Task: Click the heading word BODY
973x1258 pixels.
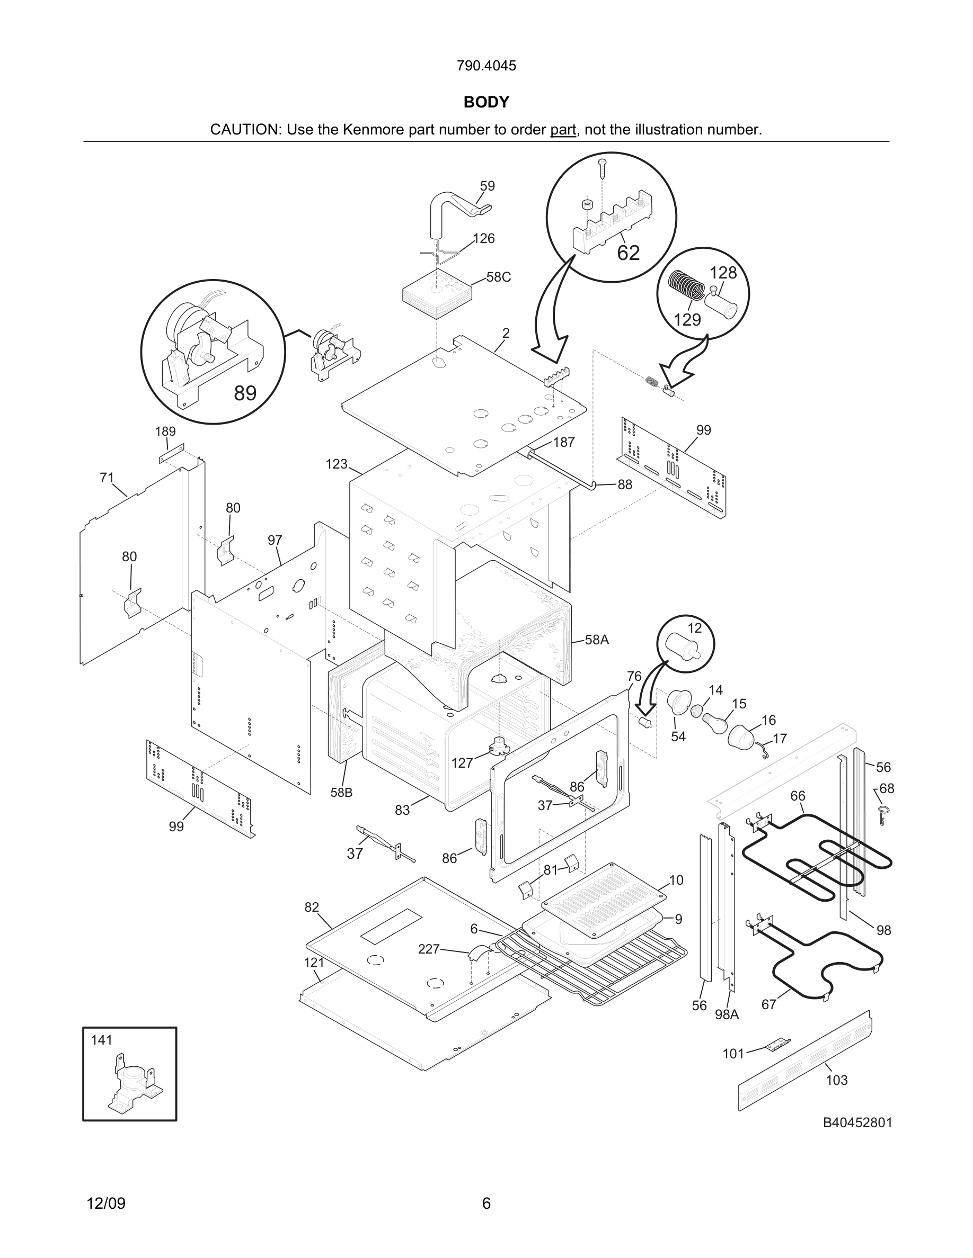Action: pos(486,102)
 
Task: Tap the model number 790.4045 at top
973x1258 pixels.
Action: pos(486,66)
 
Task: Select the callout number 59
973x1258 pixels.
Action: pos(487,186)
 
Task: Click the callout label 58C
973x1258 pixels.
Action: pos(498,277)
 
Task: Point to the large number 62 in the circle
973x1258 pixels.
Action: pos(629,253)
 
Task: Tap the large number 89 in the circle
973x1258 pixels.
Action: pos(245,393)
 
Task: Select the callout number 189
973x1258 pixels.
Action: pos(165,432)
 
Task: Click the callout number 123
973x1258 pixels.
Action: pos(337,464)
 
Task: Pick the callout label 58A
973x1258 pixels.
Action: pos(597,640)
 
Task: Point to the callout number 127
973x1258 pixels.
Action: pos(462,763)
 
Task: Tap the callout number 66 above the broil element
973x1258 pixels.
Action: pos(797,795)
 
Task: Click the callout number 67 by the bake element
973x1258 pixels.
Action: pos(769,1004)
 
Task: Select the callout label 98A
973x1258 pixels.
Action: pos(727,1014)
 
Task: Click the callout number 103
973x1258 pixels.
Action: pos(836,1080)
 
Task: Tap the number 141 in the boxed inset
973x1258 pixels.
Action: pos(102,1040)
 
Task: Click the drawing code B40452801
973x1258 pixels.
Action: pos(857,1122)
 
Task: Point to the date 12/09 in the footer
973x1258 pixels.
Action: pos(106,1203)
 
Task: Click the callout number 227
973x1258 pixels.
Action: pos(428,949)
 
